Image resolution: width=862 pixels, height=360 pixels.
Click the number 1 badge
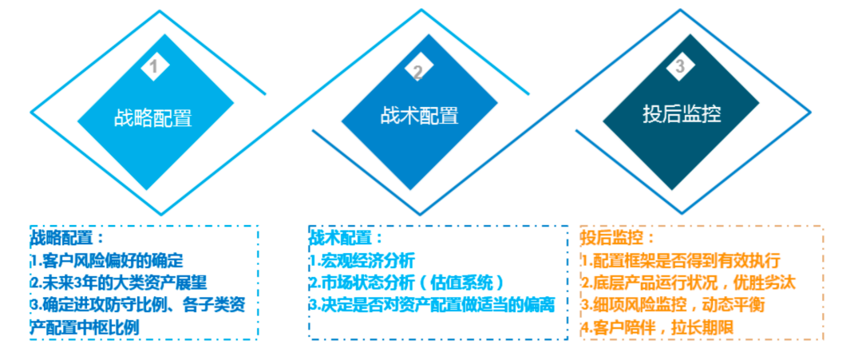click(153, 67)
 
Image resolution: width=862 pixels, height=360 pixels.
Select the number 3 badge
click(679, 68)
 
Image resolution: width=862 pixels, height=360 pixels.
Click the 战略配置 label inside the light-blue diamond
click(153, 117)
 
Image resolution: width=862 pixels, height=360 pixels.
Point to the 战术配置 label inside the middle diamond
click(418, 116)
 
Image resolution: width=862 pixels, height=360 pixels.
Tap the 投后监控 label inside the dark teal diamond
click(682, 113)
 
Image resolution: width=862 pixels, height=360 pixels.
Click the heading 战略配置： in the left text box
click(68, 238)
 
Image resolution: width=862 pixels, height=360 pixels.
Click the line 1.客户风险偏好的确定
click(108, 260)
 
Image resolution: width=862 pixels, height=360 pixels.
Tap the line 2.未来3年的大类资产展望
click(119, 282)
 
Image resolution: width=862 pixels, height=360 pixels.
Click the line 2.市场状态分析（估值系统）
click(407, 282)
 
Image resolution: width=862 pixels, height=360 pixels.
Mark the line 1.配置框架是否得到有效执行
click(679, 260)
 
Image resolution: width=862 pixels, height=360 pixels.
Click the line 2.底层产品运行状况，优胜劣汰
click(688, 282)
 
